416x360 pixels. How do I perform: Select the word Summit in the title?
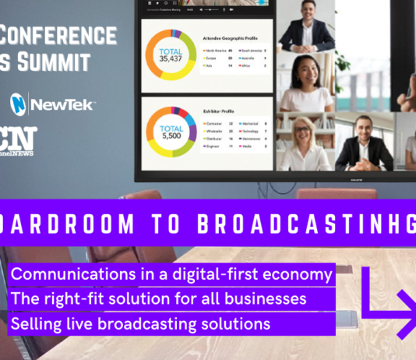(55, 62)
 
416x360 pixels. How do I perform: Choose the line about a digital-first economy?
(172, 274)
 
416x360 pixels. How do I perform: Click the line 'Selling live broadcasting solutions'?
(141, 322)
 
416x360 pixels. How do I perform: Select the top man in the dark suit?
(306, 31)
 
